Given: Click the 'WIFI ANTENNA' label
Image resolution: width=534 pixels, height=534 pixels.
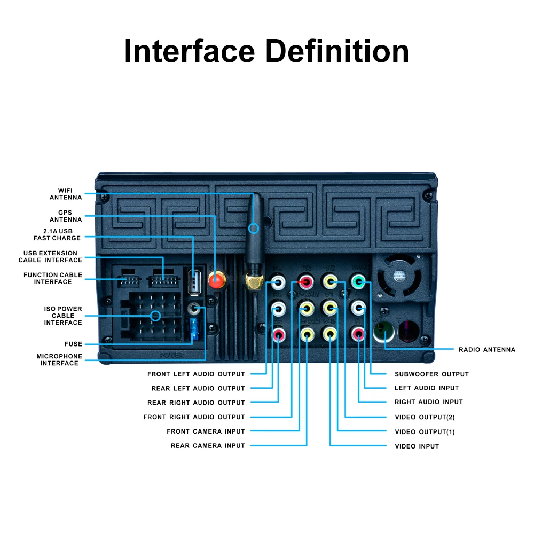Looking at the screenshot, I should [66, 194].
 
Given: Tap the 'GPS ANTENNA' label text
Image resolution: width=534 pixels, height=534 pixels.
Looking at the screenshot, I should [66, 216].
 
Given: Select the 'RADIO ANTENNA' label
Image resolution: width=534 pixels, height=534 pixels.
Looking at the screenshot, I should [487, 350].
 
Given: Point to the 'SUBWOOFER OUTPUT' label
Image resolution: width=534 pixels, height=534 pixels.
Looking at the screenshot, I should [431, 374].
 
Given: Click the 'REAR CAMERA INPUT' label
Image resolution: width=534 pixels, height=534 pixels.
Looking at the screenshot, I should [208, 446].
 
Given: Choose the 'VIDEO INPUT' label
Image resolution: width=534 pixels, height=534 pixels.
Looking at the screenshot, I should [417, 446].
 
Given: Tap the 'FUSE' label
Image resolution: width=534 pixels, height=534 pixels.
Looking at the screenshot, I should [73, 344].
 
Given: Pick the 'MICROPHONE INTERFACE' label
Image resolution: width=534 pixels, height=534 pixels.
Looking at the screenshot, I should [59, 360].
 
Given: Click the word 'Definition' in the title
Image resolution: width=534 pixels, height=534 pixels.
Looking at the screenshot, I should [337, 51].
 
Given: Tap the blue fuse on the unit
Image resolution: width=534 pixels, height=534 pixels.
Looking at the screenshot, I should [194, 329].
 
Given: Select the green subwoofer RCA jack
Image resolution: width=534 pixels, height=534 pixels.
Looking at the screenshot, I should [358, 281].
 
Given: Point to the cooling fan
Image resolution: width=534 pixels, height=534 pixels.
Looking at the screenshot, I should [398, 278].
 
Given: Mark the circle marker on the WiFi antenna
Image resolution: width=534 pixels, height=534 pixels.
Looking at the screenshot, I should [254, 229].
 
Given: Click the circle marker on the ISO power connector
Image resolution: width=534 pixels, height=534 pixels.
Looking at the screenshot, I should [155, 316].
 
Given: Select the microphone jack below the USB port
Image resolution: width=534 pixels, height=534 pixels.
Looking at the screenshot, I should [194, 309].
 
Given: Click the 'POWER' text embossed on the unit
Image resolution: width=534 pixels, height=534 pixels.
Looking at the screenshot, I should [171, 355].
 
